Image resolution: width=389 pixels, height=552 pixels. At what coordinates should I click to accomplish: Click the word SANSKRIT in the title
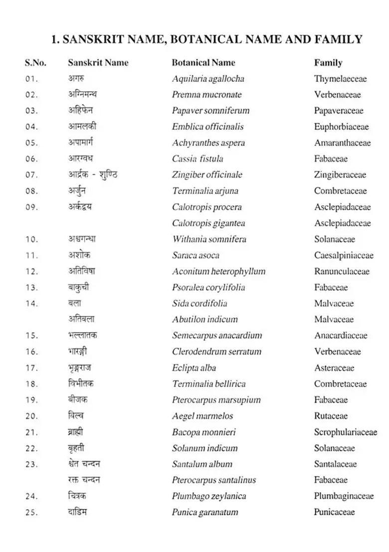pyautogui.click(x=92, y=39)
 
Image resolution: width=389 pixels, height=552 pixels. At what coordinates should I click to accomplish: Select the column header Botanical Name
pyautogui.click(x=203, y=63)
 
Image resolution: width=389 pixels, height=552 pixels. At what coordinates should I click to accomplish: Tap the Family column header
pyautogui.click(x=328, y=63)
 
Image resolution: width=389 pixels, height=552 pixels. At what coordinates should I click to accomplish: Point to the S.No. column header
pyautogui.click(x=35, y=63)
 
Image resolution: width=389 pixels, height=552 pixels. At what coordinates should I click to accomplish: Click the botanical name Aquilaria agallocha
pyautogui.click(x=208, y=79)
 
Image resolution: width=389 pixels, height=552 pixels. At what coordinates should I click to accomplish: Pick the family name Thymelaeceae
pyautogui.click(x=340, y=79)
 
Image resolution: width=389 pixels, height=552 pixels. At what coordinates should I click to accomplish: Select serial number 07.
pyautogui.click(x=31, y=175)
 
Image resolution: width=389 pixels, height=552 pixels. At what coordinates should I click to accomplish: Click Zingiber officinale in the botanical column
pyautogui.click(x=207, y=175)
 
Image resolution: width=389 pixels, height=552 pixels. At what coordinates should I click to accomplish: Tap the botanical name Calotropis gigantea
pyautogui.click(x=208, y=223)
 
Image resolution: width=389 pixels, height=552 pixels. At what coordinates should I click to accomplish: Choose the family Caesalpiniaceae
pyautogui.click(x=343, y=256)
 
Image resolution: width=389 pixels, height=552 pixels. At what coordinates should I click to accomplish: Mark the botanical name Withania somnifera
pyautogui.click(x=209, y=239)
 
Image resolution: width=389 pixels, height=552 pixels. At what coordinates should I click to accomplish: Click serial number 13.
pyautogui.click(x=31, y=287)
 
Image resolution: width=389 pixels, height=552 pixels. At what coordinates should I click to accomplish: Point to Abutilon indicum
pyautogui.click(x=204, y=319)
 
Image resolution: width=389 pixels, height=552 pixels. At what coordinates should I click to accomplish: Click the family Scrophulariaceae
pyautogui.click(x=345, y=432)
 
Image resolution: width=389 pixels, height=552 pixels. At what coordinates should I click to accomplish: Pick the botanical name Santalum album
pyautogui.click(x=202, y=464)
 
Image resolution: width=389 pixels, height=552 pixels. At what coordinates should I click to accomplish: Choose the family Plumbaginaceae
pyautogui.click(x=343, y=496)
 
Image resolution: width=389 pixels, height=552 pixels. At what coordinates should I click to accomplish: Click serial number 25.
pyautogui.click(x=31, y=512)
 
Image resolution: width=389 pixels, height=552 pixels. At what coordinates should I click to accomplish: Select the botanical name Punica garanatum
pyautogui.click(x=205, y=512)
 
